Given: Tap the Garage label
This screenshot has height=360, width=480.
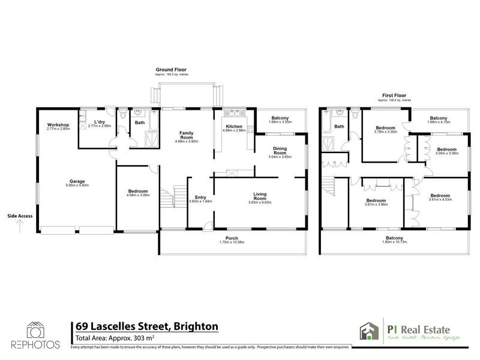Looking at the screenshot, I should pyautogui.click(x=76, y=181).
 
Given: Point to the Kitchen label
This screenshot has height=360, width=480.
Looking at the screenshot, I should pyautogui.click(x=234, y=126).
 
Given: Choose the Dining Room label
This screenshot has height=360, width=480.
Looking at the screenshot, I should pyautogui.click(x=279, y=151).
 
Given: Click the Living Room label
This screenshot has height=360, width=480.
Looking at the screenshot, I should pyautogui.click(x=260, y=196).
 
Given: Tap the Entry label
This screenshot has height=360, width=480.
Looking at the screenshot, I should pyautogui.click(x=200, y=197).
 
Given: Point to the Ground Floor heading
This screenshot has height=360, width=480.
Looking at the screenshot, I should pyautogui.click(x=171, y=70).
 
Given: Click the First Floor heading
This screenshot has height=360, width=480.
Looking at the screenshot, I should pyautogui.click(x=394, y=95).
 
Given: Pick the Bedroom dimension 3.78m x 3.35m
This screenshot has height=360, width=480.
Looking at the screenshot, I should pyautogui.click(x=385, y=133).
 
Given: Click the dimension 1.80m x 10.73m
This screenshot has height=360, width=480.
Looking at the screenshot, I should pyautogui.click(x=394, y=243).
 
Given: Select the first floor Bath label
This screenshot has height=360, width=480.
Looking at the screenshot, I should pyautogui.click(x=339, y=127).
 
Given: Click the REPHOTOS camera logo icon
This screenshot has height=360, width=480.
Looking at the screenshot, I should pyautogui.click(x=35, y=330).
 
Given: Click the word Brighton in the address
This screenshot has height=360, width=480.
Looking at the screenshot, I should pyautogui.click(x=196, y=326).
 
